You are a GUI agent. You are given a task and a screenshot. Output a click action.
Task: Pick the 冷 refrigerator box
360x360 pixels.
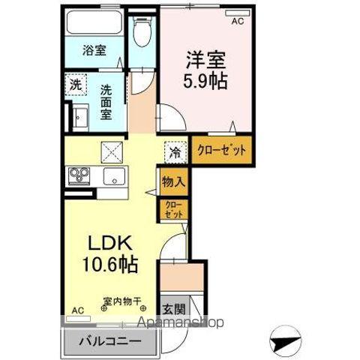[x=173, y=152]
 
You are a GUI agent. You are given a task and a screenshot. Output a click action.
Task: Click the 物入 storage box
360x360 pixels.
[x=172, y=181]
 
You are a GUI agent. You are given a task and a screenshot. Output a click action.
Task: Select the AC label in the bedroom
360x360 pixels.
[x=237, y=22]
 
